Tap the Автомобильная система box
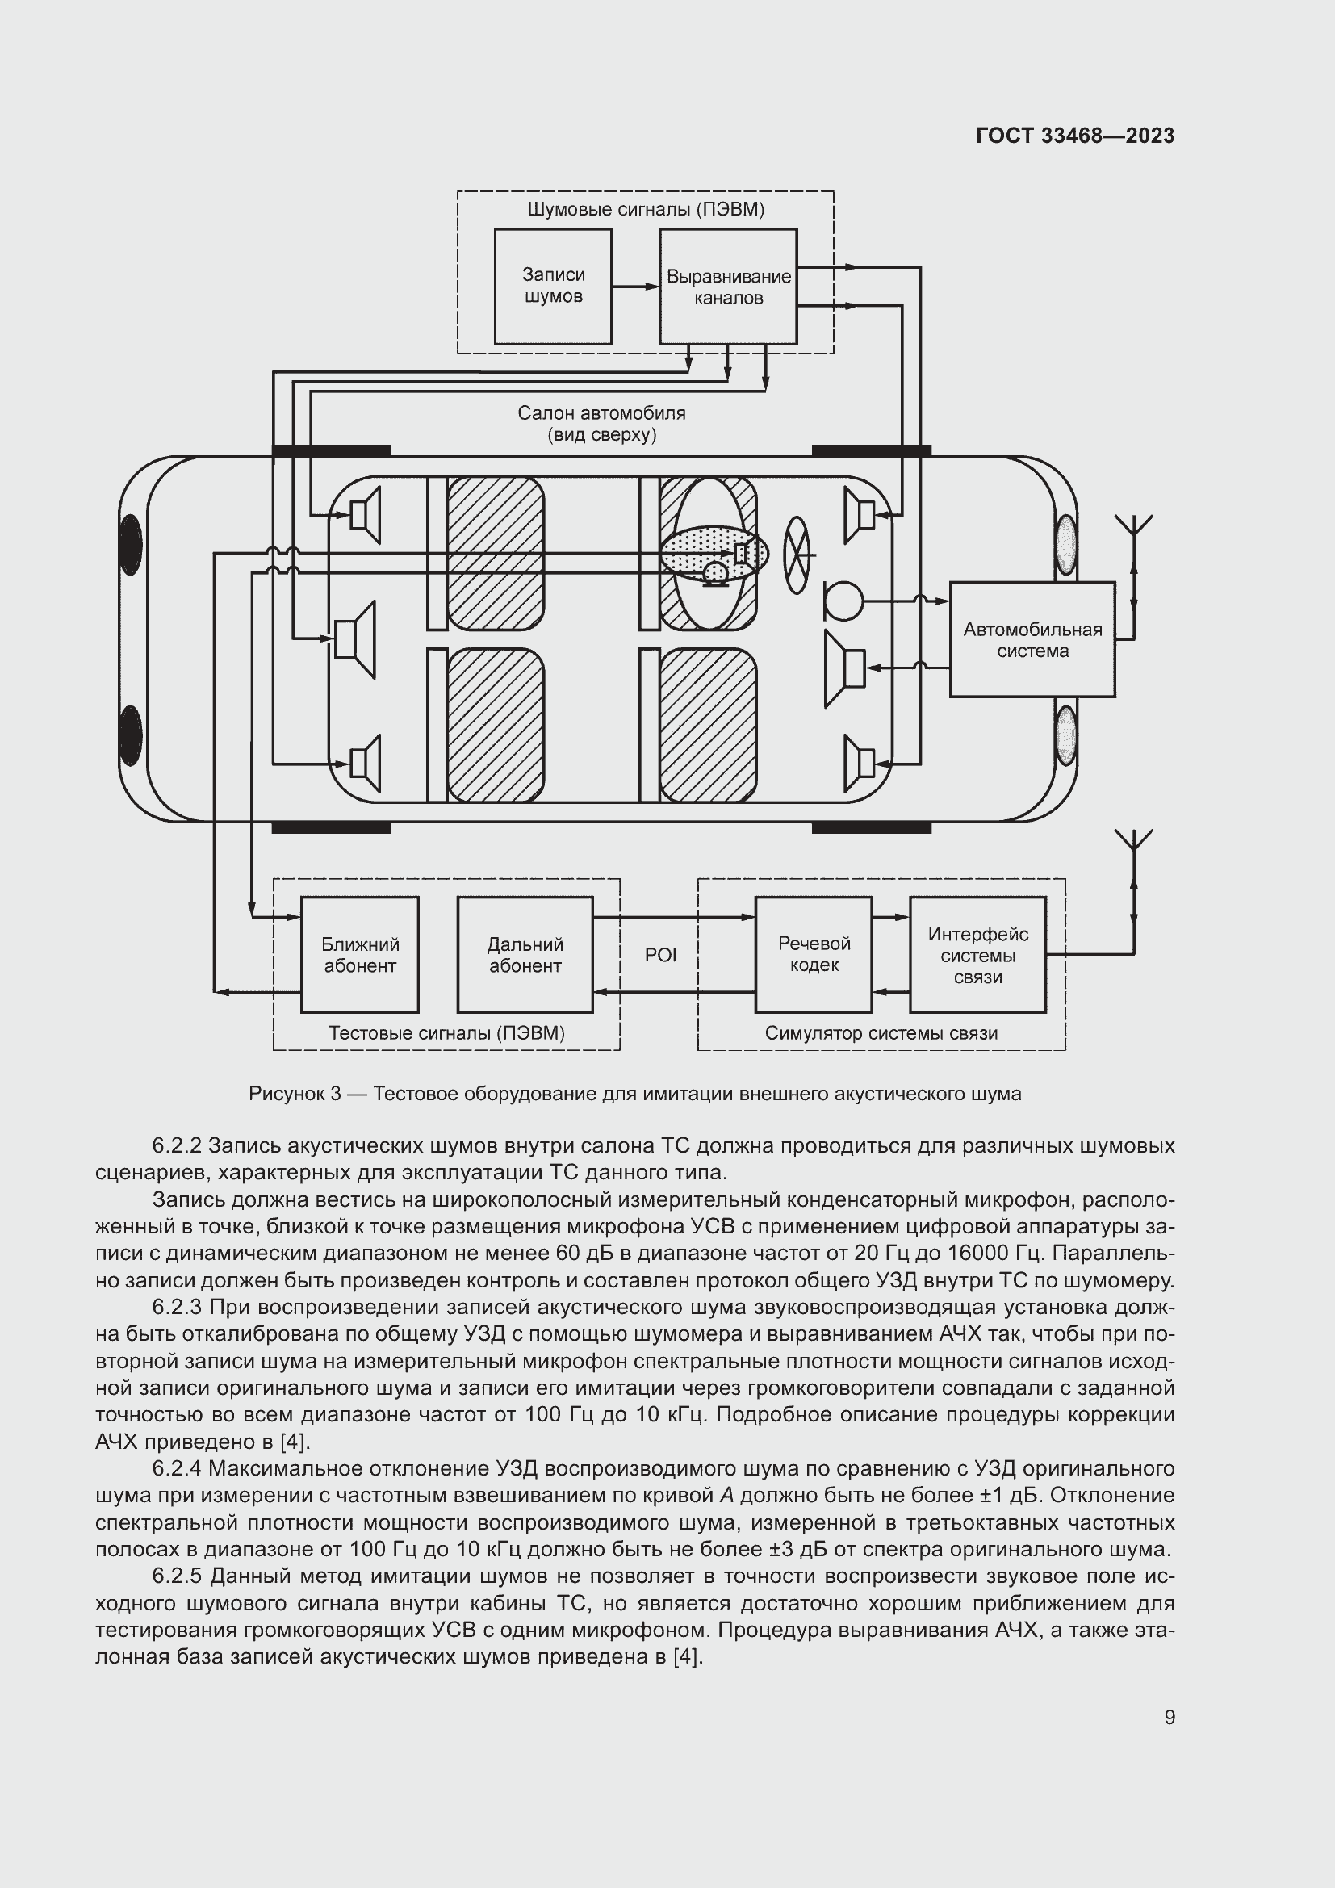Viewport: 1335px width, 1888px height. [x=1032, y=640]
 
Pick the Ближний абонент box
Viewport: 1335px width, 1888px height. [x=359, y=954]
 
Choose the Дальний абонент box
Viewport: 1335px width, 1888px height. [x=525, y=954]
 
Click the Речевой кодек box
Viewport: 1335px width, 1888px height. [x=813, y=954]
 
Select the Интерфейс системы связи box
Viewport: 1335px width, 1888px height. [x=977, y=954]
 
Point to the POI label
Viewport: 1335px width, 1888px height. [x=660, y=955]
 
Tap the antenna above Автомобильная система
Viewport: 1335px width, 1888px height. [x=1133, y=530]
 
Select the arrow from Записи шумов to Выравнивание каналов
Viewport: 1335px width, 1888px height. [x=635, y=287]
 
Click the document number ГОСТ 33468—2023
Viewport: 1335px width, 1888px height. [x=1075, y=136]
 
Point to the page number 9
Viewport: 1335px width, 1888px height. [x=1169, y=1717]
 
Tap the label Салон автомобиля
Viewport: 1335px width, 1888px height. [x=601, y=412]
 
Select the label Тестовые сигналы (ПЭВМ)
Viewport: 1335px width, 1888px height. [x=446, y=1033]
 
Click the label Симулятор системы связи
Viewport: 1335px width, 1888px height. [x=881, y=1033]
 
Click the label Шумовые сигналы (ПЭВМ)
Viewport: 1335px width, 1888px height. [x=646, y=209]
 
